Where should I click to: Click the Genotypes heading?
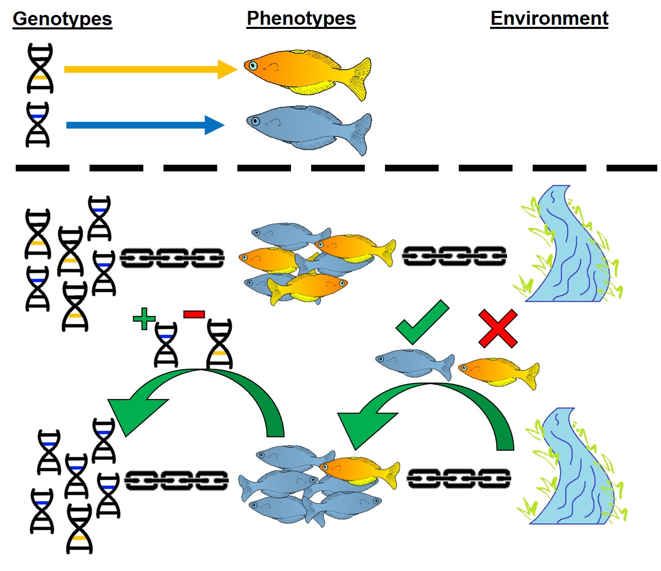tap(62, 19)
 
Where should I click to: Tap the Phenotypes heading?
tap(301, 18)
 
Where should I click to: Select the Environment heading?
tap(549, 18)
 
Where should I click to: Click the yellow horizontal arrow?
tap(150, 69)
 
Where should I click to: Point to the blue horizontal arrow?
tap(145, 125)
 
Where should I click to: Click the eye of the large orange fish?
tap(253, 66)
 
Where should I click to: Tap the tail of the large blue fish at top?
tap(360, 133)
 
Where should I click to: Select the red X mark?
tap(498, 328)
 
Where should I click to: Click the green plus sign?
tap(144, 319)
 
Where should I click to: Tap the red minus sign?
tap(194, 314)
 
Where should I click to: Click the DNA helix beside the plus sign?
tap(166, 345)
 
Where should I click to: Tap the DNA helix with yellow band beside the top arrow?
tap(40, 68)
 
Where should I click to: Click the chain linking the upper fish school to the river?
tap(454, 256)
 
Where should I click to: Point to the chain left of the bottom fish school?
tap(177, 480)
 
